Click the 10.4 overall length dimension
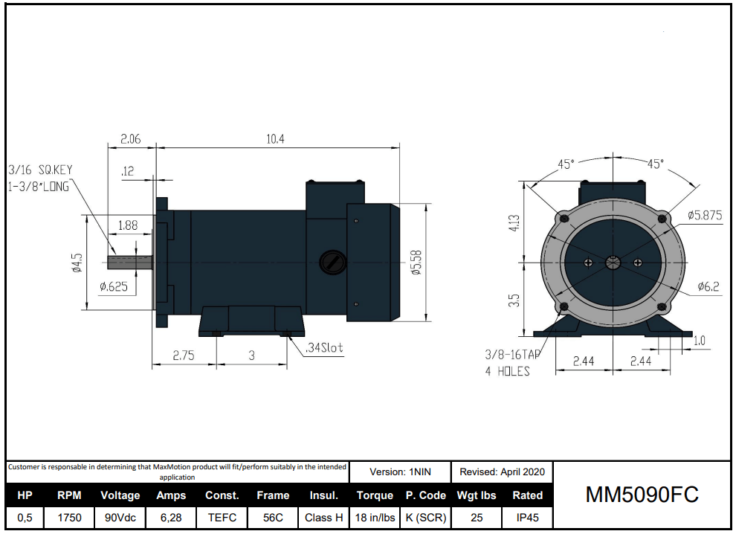click(x=276, y=139)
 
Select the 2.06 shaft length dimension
click(x=131, y=139)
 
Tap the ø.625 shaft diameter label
click(x=117, y=286)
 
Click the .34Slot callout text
click(x=324, y=347)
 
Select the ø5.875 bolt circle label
click(x=704, y=215)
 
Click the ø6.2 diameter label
click(x=708, y=286)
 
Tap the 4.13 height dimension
click(x=514, y=224)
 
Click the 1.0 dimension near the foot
click(x=699, y=341)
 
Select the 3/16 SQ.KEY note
click(x=40, y=170)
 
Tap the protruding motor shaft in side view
click(x=130, y=262)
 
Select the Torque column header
click(x=375, y=495)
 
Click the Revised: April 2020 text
click(x=502, y=472)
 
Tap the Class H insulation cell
click(x=323, y=517)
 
